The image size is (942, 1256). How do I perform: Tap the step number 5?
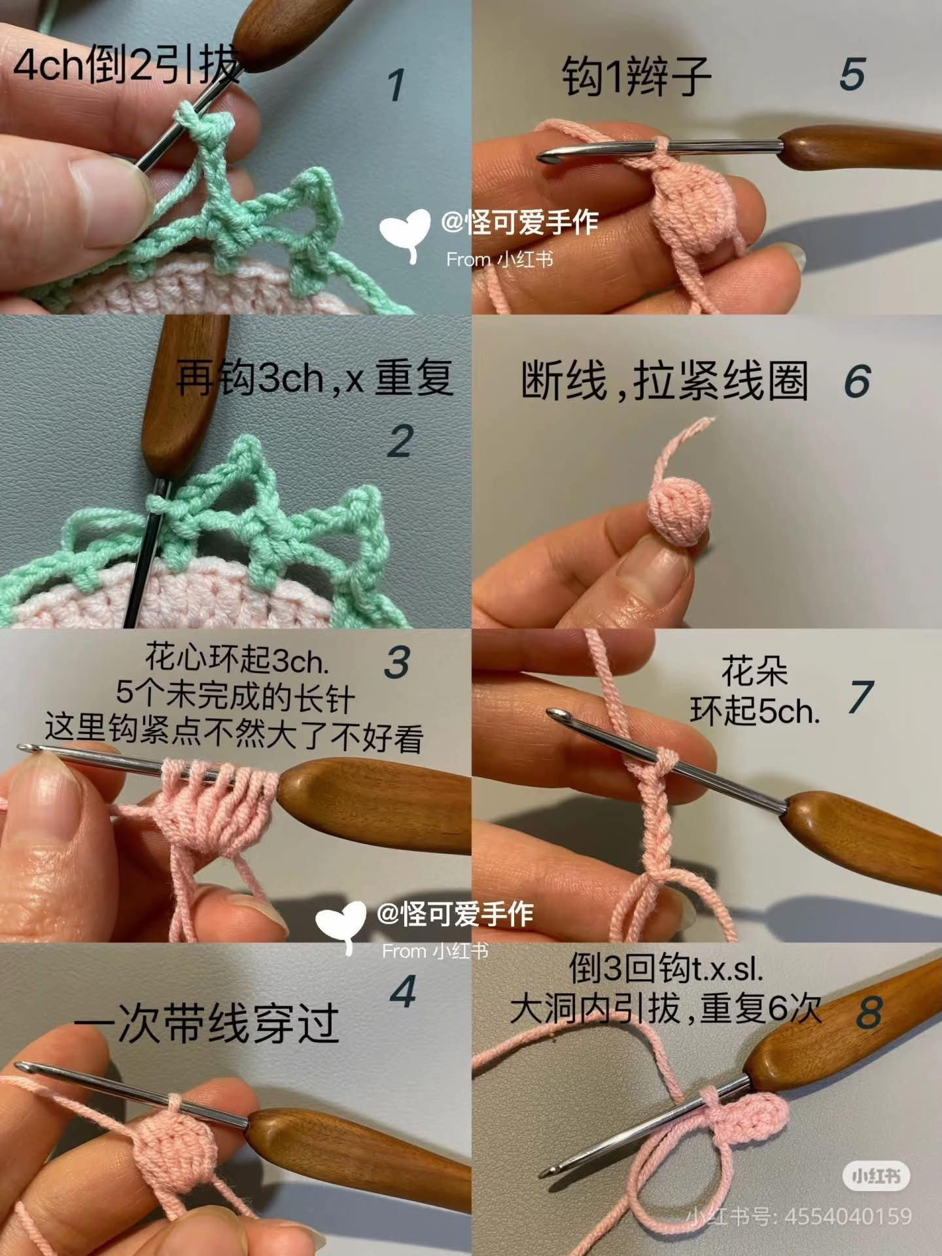tap(852, 74)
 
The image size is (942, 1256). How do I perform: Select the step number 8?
tap(869, 1012)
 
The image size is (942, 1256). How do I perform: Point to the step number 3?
tap(397, 663)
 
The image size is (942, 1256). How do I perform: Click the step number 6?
tap(857, 381)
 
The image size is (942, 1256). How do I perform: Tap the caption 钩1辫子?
tap(637, 76)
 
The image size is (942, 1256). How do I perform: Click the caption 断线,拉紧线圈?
tap(664, 380)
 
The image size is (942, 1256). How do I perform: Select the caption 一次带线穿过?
tap(206, 1024)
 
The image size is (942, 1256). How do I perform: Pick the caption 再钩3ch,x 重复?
tap(314, 377)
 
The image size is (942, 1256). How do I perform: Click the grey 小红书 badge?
tap(876, 1177)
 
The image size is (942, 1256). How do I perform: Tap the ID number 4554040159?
tap(847, 1217)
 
